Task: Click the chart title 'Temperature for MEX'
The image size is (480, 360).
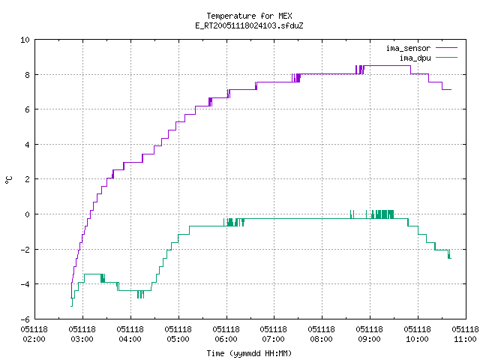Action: tap(249, 16)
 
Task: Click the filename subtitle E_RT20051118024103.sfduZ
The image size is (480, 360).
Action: tap(249, 25)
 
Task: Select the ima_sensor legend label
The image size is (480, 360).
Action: tap(408, 48)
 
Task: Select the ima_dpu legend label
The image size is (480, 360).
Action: tap(415, 58)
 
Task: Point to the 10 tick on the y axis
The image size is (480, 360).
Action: tap(25, 40)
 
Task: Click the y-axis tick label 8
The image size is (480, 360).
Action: tap(27, 75)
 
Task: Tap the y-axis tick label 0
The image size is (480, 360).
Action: tap(27, 214)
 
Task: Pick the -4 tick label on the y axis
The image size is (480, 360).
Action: tap(25, 284)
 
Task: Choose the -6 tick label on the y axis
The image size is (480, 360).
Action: tap(25, 319)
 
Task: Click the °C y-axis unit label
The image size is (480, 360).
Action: tap(8, 180)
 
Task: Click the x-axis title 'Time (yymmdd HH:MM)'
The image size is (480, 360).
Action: tap(249, 353)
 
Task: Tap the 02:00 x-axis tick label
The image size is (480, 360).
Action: tap(34, 339)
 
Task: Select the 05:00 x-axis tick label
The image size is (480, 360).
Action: tap(178, 339)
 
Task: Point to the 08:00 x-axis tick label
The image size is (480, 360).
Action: tap(321, 339)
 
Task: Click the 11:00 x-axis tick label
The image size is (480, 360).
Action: tap(465, 339)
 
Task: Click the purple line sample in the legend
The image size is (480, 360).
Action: tap(446, 48)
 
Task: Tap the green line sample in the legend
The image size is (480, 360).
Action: tap(446, 58)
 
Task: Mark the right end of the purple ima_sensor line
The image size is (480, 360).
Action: tap(451, 90)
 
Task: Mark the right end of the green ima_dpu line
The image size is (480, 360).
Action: tap(451, 258)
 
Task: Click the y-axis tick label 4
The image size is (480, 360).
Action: tap(27, 145)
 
